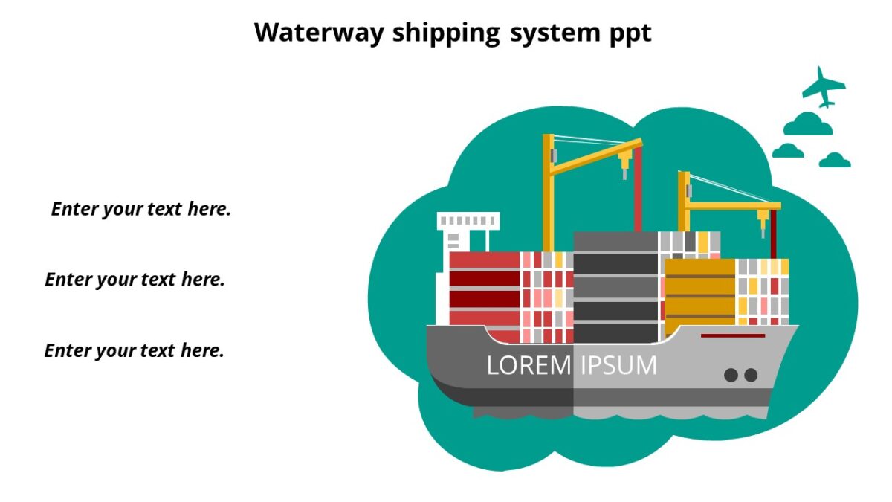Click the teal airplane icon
point(823,86)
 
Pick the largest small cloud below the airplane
point(807,124)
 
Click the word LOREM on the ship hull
point(528,365)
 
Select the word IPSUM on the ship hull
point(618,365)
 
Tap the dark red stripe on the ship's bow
point(732,335)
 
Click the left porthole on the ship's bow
point(731,376)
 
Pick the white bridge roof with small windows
point(468,221)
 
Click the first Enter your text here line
point(141,209)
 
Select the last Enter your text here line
point(135,350)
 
